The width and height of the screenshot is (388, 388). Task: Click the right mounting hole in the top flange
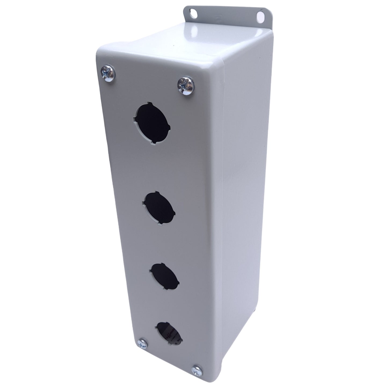point(260,17)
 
